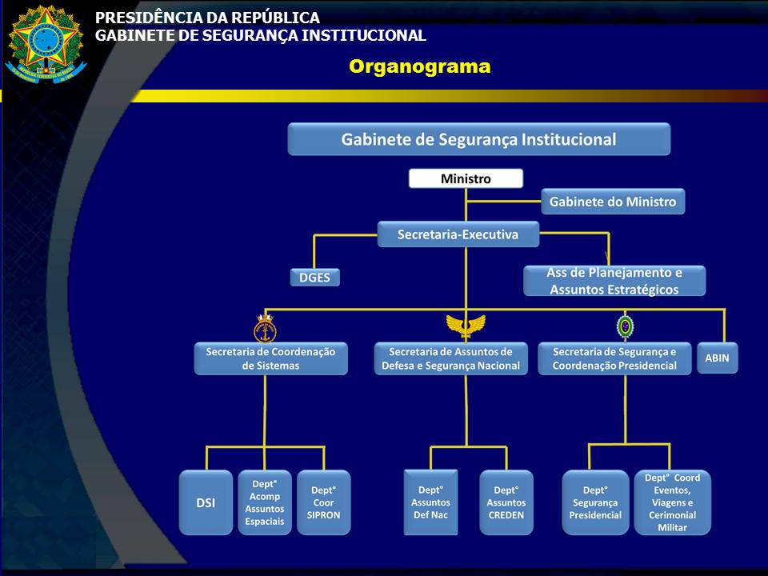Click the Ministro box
click(466, 178)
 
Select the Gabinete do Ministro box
click(613, 202)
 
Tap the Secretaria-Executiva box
click(458, 234)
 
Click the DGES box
click(314, 278)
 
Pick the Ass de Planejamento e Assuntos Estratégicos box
click(614, 281)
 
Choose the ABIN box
click(717, 358)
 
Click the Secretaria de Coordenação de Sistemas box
click(271, 358)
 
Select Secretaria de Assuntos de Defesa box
click(451, 358)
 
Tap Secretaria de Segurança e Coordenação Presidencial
click(614, 358)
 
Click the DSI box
click(206, 502)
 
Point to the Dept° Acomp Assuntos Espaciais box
click(265, 502)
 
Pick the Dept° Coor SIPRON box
click(324, 502)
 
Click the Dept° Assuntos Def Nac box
click(430, 502)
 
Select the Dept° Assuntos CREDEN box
click(506, 502)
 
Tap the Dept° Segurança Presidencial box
click(595, 502)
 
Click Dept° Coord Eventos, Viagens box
click(672, 502)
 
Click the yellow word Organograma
click(419, 67)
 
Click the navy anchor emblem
click(265, 328)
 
